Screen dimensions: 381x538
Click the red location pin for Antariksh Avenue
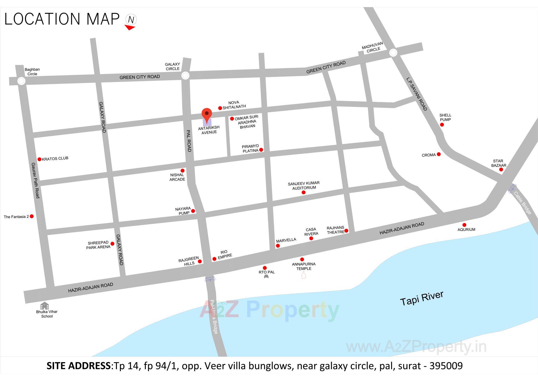(207, 114)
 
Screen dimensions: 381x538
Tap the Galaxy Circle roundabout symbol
(185, 75)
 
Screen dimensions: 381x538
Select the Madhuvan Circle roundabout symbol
(393, 52)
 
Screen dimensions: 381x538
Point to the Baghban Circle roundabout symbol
(21, 81)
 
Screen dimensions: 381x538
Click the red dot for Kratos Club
(40, 159)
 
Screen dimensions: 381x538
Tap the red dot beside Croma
(439, 154)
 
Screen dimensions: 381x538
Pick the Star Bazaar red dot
(501, 169)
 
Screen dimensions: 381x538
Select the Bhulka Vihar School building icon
(45, 306)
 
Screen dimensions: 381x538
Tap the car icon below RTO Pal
(266, 277)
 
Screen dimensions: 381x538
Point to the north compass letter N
(131, 20)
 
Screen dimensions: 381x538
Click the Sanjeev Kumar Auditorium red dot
(303, 192)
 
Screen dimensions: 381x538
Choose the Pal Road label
(189, 141)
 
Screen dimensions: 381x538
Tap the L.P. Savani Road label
(417, 94)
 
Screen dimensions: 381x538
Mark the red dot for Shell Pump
(442, 125)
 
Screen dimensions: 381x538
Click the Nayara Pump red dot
(193, 211)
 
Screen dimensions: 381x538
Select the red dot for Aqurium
(464, 225)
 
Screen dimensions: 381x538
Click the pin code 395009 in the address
(446, 366)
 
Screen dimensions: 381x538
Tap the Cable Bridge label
(522, 203)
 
